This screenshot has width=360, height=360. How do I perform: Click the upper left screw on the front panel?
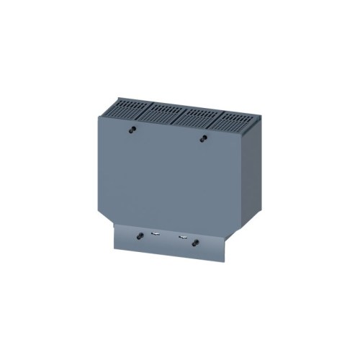[134, 130]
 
